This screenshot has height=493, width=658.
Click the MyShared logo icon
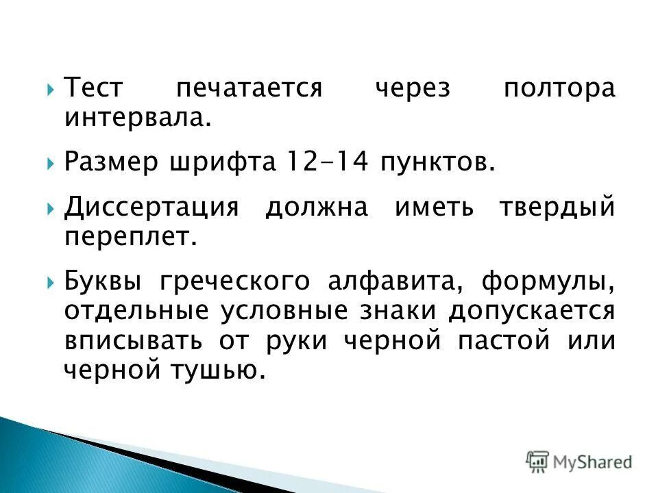point(538,461)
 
